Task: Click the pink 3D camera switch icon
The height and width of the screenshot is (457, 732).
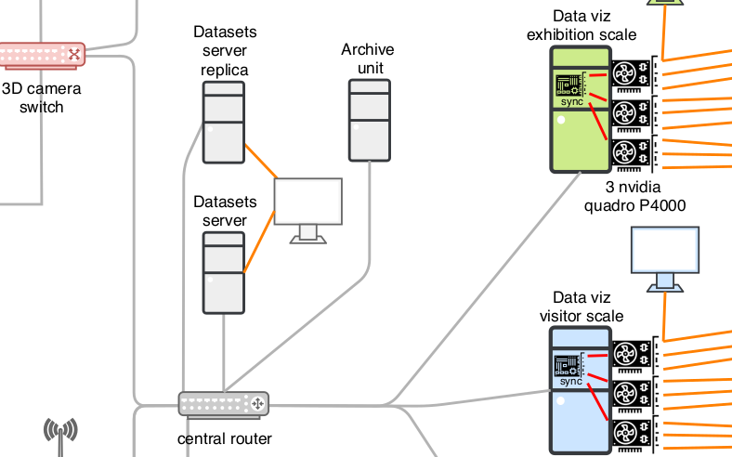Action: click(42, 55)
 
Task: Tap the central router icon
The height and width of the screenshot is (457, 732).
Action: click(223, 404)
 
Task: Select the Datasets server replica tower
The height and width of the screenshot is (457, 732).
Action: click(224, 122)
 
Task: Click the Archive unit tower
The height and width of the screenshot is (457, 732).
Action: click(370, 120)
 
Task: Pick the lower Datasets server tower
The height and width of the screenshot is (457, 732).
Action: click(224, 272)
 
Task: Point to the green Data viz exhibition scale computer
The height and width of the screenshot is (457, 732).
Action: click(581, 110)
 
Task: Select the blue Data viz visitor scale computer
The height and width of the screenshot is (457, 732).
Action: click(581, 390)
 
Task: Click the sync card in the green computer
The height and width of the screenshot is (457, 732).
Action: click(570, 88)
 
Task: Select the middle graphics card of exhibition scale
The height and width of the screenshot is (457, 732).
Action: click(634, 114)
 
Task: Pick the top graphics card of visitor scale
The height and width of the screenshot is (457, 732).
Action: click(634, 354)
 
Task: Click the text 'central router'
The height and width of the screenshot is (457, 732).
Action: click(225, 438)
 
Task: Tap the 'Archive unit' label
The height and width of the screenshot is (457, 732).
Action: click(368, 59)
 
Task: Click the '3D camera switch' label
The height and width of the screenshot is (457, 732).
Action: click(42, 98)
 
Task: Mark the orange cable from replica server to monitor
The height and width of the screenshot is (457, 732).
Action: click(259, 162)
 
